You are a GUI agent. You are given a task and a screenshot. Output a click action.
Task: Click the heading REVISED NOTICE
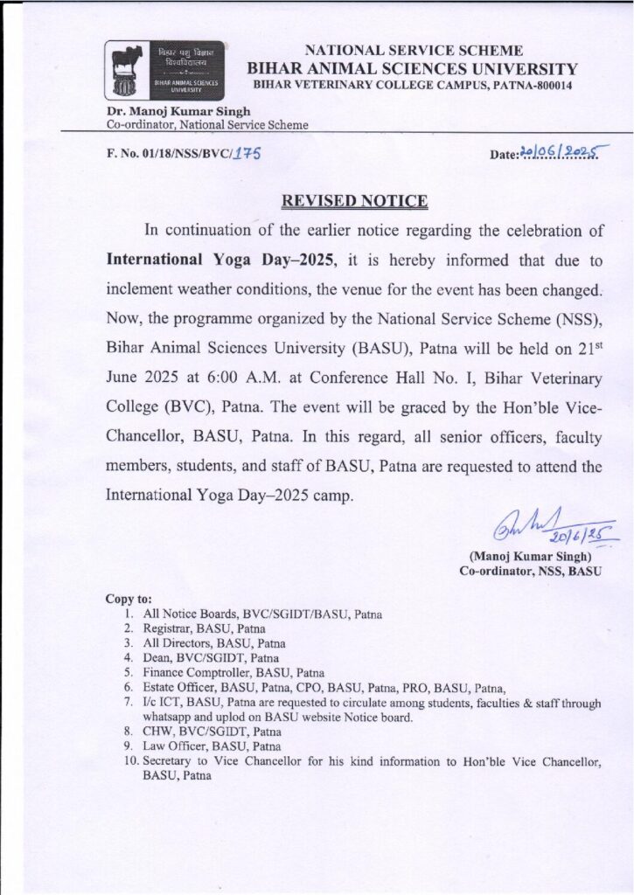[x=354, y=201]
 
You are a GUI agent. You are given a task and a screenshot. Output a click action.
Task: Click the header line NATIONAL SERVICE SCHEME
[x=413, y=51]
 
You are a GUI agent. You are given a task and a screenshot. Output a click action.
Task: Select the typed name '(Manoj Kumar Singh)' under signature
[x=530, y=556]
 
